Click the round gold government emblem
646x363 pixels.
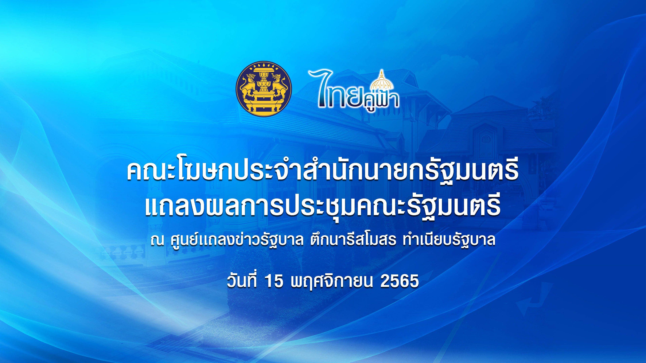(x=264, y=89)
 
